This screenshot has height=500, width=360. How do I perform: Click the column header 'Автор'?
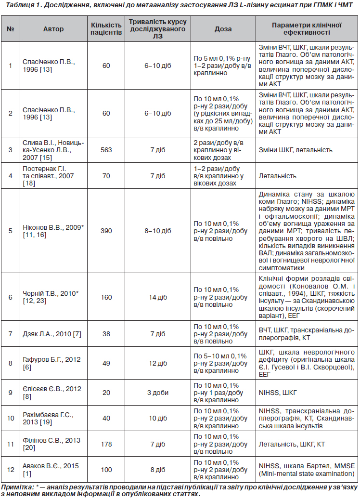pyautogui.click(x=53, y=29)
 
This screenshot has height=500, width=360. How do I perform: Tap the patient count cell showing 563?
pyautogui.click(x=106, y=150)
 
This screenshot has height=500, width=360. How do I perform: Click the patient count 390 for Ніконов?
pyautogui.click(x=106, y=231)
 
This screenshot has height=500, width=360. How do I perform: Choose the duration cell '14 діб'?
pyautogui.click(x=157, y=297)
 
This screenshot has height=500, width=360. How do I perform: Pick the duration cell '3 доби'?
pyautogui.click(x=157, y=393)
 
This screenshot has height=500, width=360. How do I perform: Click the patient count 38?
pyautogui.click(x=106, y=334)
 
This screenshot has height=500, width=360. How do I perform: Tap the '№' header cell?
pyautogui.click(x=10, y=29)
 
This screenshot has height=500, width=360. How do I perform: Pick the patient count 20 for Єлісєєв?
pyautogui.click(x=106, y=393)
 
